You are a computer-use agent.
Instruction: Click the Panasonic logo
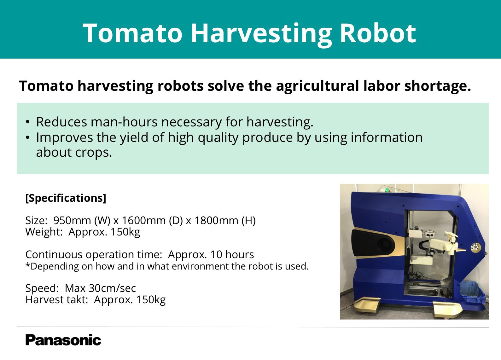click(x=63, y=340)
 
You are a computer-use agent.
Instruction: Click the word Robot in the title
click(x=378, y=33)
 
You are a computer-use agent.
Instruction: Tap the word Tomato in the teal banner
click(x=133, y=33)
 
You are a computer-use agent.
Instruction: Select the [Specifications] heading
click(x=66, y=198)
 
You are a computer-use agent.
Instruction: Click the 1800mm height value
click(x=216, y=220)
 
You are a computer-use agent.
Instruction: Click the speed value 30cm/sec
click(x=112, y=288)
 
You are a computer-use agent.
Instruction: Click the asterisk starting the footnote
click(x=28, y=265)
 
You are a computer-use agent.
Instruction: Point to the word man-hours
click(x=124, y=122)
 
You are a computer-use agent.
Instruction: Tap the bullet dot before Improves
click(x=27, y=137)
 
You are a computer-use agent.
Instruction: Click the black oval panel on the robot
click(x=372, y=244)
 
